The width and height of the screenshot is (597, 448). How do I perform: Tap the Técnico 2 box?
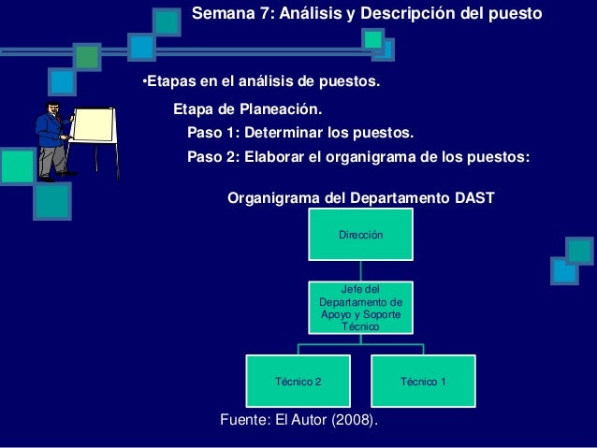tap(298, 382)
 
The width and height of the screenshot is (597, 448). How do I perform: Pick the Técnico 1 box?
tap(423, 382)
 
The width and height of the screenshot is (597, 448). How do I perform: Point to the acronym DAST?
tap(471, 198)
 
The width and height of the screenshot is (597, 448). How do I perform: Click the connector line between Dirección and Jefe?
tap(360, 270)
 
